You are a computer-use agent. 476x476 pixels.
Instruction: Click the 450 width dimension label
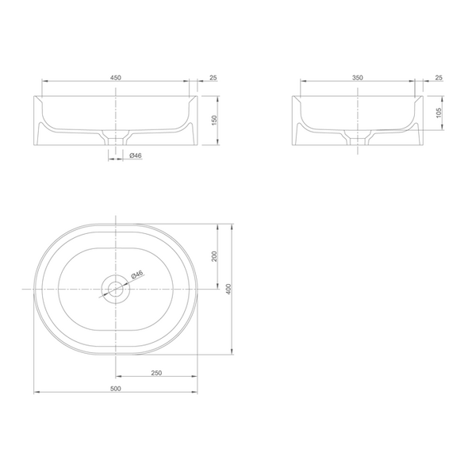115,78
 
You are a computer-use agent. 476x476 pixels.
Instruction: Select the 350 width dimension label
358,78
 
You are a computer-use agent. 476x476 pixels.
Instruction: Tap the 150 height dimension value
214,121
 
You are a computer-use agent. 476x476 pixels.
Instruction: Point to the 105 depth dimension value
439,113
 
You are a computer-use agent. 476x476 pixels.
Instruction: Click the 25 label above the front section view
213,78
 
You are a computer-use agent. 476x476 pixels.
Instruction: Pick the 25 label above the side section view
439,78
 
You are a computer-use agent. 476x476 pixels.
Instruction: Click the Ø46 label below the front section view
136,155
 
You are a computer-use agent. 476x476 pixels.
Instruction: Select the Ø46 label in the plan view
137,274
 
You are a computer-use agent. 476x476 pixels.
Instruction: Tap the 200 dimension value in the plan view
214,256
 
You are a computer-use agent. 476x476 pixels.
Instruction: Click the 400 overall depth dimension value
229,289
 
